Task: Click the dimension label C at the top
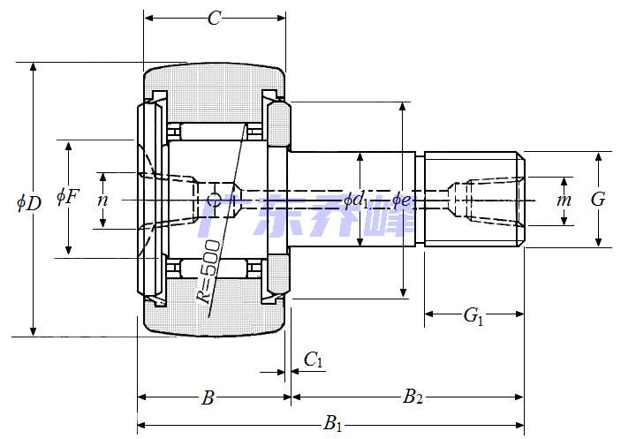[x=214, y=19]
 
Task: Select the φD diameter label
[x=29, y=202]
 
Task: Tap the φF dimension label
[x=68, y=195]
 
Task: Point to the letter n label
[x=103, y=200]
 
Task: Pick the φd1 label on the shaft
[x=356, y=201]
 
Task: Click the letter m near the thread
[x=564, y=200]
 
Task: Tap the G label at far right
[x=598, y=200]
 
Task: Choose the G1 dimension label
[x=473, y=314]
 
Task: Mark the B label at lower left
[x=208, y=398]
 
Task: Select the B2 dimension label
[x=413, y=397]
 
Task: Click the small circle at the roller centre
[x=213, y=200]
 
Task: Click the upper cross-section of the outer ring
[x=216, y=87]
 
